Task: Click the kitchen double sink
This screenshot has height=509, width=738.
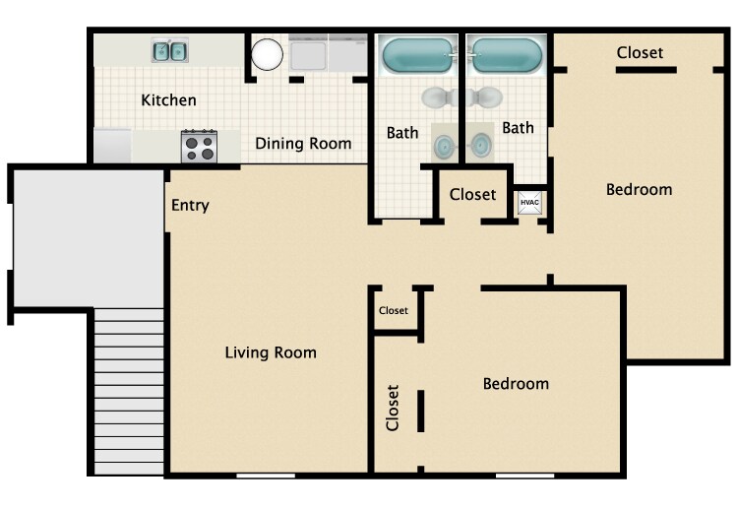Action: pos(170,51)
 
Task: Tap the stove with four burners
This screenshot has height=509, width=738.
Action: pos(199,147)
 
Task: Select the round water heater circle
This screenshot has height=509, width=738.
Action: pos(267,54)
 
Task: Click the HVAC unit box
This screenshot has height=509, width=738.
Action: pos(530,203)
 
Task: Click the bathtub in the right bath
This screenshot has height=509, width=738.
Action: pos(505,55)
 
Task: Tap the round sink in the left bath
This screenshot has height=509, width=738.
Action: pos(446,147)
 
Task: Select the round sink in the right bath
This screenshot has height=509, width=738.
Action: pos(480,147)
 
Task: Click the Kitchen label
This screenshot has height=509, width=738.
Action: pos(168,100)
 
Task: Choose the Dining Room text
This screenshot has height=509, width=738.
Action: pos(303,144)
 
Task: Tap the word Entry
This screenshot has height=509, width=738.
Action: pos(190,206)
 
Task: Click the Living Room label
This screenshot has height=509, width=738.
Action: pos(271,352)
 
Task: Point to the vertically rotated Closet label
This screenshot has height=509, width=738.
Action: pos(393,407)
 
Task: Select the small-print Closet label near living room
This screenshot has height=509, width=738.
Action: pos(394,311)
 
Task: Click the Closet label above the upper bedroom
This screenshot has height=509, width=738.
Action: pos(640,53)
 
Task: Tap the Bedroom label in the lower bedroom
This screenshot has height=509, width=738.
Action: pos(516,384)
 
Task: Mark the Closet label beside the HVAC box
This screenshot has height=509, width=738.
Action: pos(472,195)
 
